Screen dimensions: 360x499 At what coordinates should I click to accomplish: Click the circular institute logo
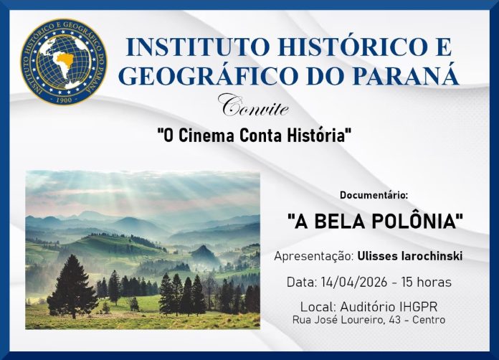[x=64, y=62]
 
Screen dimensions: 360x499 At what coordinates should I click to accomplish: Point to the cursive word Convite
[x=255, y=107]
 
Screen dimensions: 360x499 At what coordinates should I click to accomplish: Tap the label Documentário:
[x=374, y=195]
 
